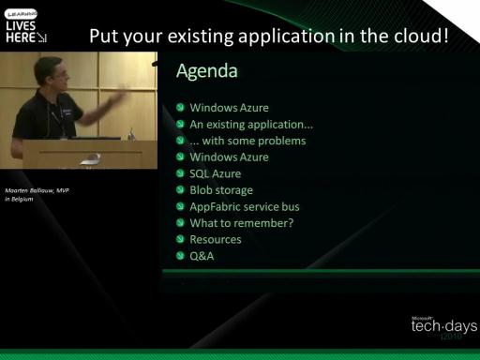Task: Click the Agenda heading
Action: pyautogui.click(x=207, y=71)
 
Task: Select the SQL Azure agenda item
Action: pyautogui.click(x=216, y=173)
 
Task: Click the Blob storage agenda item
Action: pyautogui.click(x=221, y=190)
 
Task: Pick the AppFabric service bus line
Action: pyautogui.click(x=245, y=206)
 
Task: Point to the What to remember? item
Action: pyautogui.click(x=242, y=223)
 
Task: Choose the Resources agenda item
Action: pyautogui.click(x=216, y=239)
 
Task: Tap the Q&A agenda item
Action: pyautogui.click(x=202, y=256)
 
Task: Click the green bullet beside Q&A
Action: pyautogui.click(x=180, y=256)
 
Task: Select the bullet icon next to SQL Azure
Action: pyautogui.click(x=180, y=173)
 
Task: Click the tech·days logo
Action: pyautogui.click(x=443, y=327)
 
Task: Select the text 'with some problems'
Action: pyautogui.click(x=254, y=141)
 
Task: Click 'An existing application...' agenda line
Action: pyautogui.click(x=251, y=125)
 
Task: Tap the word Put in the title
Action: pyautogui.click(x=104, y=36)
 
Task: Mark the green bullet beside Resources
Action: pyautogui.click(x=180, y=239)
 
